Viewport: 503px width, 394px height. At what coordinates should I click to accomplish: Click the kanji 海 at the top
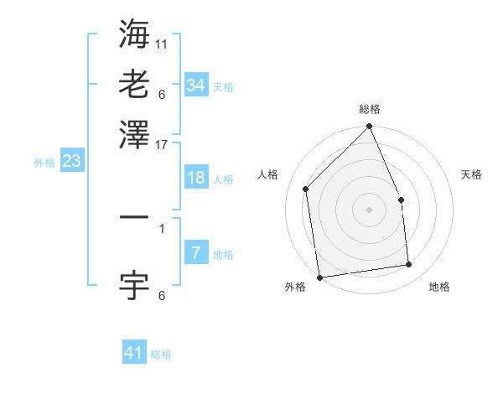pyautogui.click(x=134, y=34)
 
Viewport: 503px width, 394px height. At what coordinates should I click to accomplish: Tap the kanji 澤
pyautogui.click(x=134, y=134)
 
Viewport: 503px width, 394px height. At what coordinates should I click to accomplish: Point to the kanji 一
pyautogui.click(x=134, y=217)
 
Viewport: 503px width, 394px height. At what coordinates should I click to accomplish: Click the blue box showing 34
pyautogui.click(x=196, y=86)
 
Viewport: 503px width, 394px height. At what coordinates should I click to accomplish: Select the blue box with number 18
pyautogui.click(x=196, y=178)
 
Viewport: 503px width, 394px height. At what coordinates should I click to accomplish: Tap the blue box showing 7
pyautogui.click(x=196, y=253)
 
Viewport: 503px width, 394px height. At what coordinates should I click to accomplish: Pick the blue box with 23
pyautogui.click(x=71, y=162)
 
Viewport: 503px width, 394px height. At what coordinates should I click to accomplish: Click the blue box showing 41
pyautogui.click(x=134, y=353)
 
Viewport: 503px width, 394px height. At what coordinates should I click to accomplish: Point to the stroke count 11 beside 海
pyautogui.click(x=162, y=43)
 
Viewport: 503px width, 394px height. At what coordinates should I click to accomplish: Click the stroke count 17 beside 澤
pyautogui.click(x=162, y=143)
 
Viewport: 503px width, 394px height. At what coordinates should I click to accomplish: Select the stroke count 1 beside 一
pyautogui.click(x=162, y=227)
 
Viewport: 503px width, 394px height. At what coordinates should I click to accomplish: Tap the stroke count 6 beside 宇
pyautogui.click(x=162, y=295)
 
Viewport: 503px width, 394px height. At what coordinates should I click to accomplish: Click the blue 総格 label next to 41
pyautogui.click(x=161, y=355)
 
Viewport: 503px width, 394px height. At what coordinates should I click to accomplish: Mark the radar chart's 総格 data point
pyautogui.click(x=370, y=127)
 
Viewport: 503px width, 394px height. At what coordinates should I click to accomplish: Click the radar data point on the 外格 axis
pyautogui.click(x=319, y=277)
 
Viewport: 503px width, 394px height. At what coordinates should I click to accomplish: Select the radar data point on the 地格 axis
pyautogui.click(x=409, y=265)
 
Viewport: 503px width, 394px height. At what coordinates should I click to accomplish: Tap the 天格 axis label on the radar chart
pyautogui.click(x=471, y=174)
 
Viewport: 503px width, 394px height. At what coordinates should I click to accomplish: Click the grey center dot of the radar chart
pyautogui.click(x=370, y=210)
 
